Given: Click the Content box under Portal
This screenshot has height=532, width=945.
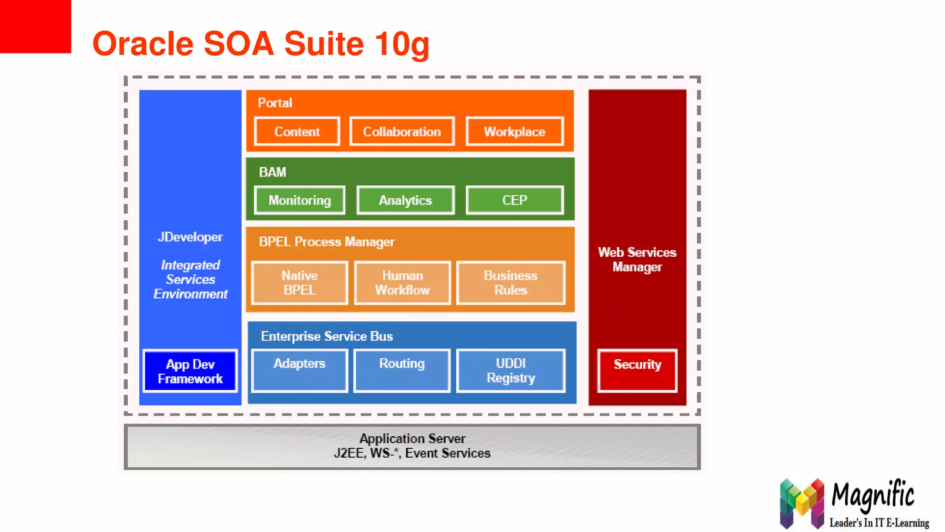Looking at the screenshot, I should click(297, 132).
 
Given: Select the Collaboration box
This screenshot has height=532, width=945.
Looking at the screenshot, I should click(401, 132).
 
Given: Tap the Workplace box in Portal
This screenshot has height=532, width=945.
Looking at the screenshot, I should click(514, 132).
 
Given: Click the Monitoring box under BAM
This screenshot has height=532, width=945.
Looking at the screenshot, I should click(299, 200).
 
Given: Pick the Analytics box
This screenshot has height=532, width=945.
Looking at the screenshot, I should click(405, 200).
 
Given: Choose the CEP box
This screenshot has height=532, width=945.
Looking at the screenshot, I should click(514, 200).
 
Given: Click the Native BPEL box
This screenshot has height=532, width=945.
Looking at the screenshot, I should click(299, 283).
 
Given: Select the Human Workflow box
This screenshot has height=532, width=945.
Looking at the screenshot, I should click(402, 283).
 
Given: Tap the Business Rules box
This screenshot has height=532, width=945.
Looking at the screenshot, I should click(510, 283).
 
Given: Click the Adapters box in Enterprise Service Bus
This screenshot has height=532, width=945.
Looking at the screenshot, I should click(299, 370).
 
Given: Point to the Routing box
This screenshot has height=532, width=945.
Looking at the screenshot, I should click(401, 370).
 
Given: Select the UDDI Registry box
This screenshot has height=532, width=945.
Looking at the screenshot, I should click(510, 370).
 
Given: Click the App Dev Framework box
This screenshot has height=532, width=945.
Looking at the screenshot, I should click(190, 371).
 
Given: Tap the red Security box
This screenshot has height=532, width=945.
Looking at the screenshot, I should click(637, 370).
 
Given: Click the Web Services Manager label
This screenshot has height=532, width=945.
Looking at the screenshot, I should click(637, 260).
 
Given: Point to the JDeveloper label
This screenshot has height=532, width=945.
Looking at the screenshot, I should click(190, 237).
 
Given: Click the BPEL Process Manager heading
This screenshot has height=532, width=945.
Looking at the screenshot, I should click(326, 242).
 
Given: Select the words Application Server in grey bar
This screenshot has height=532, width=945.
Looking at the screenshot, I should click(412, 438).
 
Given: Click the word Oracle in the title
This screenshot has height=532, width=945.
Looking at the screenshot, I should click(143, 44).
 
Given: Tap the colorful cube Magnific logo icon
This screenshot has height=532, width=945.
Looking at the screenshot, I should click(801, 504).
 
